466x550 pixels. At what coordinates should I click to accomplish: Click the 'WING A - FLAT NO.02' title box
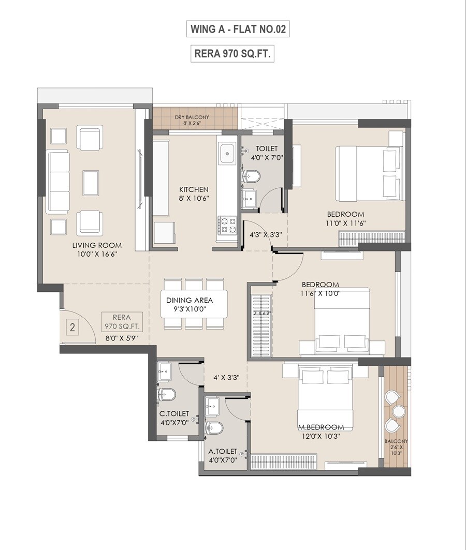pyautogui.click(x=238, y=29)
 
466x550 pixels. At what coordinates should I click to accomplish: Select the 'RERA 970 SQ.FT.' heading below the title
pyautogui.click(x=232, y=53)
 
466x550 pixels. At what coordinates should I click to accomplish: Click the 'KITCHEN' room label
pyautogui.click(x=194, y=189)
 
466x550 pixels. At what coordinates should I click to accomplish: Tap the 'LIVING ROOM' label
pyautogui.click(x=97, y=245)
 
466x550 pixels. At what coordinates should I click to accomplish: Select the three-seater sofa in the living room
pyautogui.click(x=57, y=182)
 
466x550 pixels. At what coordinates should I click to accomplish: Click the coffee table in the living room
pyautogui.click(x=91, y=183)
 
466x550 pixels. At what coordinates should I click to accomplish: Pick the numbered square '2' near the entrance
pyautogui.click(x=72, y=328)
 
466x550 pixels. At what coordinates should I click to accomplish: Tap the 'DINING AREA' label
pyautogui.click(x=190, y=300)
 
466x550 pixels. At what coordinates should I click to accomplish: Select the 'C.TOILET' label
pyautogui.click(x=174, y=414)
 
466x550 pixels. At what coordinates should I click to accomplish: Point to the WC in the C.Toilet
pyautogui.click(x=167, y=394)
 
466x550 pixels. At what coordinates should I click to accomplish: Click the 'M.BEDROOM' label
pyautogui.click(x=321, y=427)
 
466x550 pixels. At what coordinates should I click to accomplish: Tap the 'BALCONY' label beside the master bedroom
pyautogui.click(x=396, y=441)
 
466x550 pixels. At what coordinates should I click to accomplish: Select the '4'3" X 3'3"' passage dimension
pyautogui.click(x=266, y=234)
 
